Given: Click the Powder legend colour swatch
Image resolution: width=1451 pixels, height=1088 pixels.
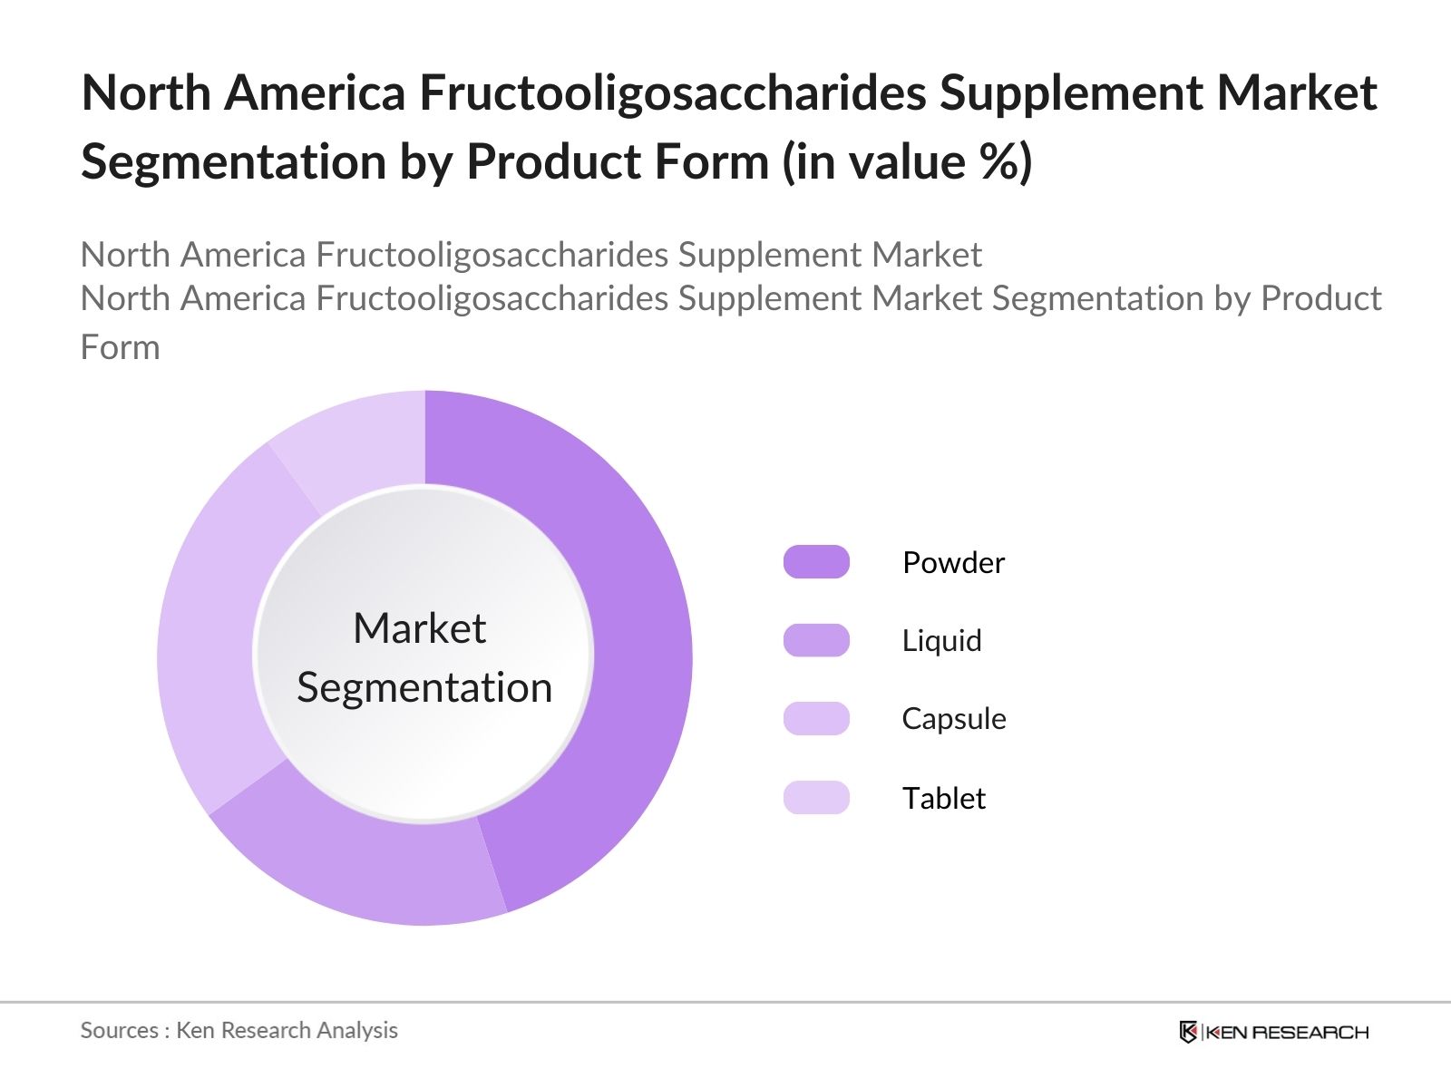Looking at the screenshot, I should point(816,562).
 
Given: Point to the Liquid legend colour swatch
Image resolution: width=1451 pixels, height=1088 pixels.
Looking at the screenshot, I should point(816,640).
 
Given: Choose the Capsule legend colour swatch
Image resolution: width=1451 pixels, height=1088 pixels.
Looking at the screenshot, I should point(816,718).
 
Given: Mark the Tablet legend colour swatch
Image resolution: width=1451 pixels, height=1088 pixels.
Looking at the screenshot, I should point(816,798).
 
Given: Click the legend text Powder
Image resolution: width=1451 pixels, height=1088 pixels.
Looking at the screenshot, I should point(953,563).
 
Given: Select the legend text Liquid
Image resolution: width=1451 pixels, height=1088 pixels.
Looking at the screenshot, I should point(941,641).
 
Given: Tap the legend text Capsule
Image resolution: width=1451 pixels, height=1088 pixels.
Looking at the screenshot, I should point(953,719).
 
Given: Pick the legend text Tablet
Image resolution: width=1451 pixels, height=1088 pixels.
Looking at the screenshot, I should point(943,798).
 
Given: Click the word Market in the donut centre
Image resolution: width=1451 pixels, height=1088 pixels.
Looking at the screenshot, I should point(419,628).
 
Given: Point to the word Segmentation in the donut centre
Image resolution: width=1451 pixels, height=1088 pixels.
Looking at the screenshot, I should point(424,687).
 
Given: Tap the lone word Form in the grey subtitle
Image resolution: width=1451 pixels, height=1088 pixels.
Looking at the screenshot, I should point(120,347).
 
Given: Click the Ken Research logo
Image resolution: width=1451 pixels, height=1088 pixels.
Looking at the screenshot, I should point(1273,1032).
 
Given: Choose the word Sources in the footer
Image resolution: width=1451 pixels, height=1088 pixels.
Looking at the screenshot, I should point(120,1030).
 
